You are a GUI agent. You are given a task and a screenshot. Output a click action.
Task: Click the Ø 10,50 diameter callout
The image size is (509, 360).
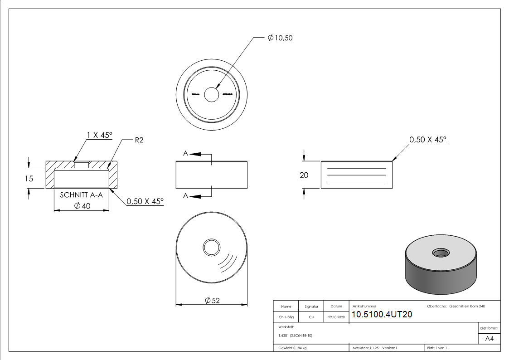280,38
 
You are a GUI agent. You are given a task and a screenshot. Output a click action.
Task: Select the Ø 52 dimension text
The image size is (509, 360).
212,300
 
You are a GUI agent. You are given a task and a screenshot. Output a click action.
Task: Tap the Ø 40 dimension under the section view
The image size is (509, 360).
82,206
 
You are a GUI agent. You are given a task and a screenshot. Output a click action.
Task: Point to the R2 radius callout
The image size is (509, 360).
139,140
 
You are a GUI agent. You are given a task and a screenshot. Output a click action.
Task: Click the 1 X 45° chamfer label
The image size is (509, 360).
99,135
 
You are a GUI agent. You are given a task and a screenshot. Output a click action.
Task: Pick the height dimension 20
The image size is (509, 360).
304,175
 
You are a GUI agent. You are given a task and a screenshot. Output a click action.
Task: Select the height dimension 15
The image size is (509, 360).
29,179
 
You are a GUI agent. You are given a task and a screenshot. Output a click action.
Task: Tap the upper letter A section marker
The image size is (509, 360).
185,154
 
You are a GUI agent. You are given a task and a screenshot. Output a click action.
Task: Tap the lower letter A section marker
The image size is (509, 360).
185,195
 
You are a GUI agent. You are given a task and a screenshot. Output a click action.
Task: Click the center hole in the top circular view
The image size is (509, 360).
211,95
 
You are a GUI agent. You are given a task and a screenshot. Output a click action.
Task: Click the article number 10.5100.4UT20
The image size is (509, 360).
382,314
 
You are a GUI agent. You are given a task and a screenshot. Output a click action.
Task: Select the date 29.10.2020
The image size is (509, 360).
336,317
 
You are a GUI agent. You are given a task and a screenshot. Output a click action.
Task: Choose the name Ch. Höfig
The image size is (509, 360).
286,317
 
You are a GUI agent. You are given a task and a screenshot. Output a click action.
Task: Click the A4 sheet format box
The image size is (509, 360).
489,339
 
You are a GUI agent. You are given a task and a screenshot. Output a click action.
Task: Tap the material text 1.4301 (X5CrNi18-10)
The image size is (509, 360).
296,336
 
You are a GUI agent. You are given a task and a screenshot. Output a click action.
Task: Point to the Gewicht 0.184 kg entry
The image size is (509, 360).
293,348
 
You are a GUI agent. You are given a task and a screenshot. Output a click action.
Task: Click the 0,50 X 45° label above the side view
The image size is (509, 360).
427,140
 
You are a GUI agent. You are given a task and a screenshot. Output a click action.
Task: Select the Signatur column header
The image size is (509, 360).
311,306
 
